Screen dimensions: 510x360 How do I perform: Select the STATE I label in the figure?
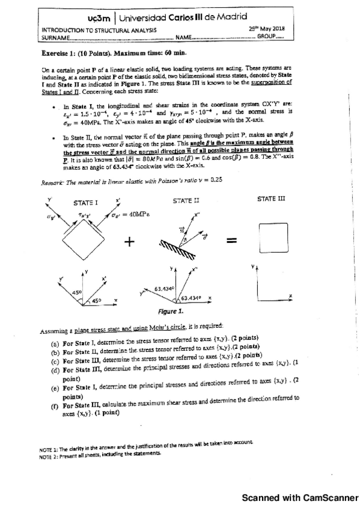click(x=85, y=202)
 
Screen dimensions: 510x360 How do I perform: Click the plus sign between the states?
click(x=130, y=241)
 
